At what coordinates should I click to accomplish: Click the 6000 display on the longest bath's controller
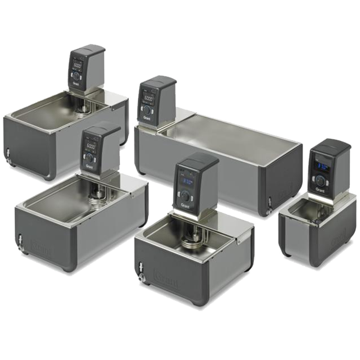pyautogui.click(x=148, y=98)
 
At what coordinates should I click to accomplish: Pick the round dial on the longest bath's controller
pyautogui.click(x=148, y=110)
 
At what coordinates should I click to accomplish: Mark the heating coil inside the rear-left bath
pyautogui.click(x=83, y=110)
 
